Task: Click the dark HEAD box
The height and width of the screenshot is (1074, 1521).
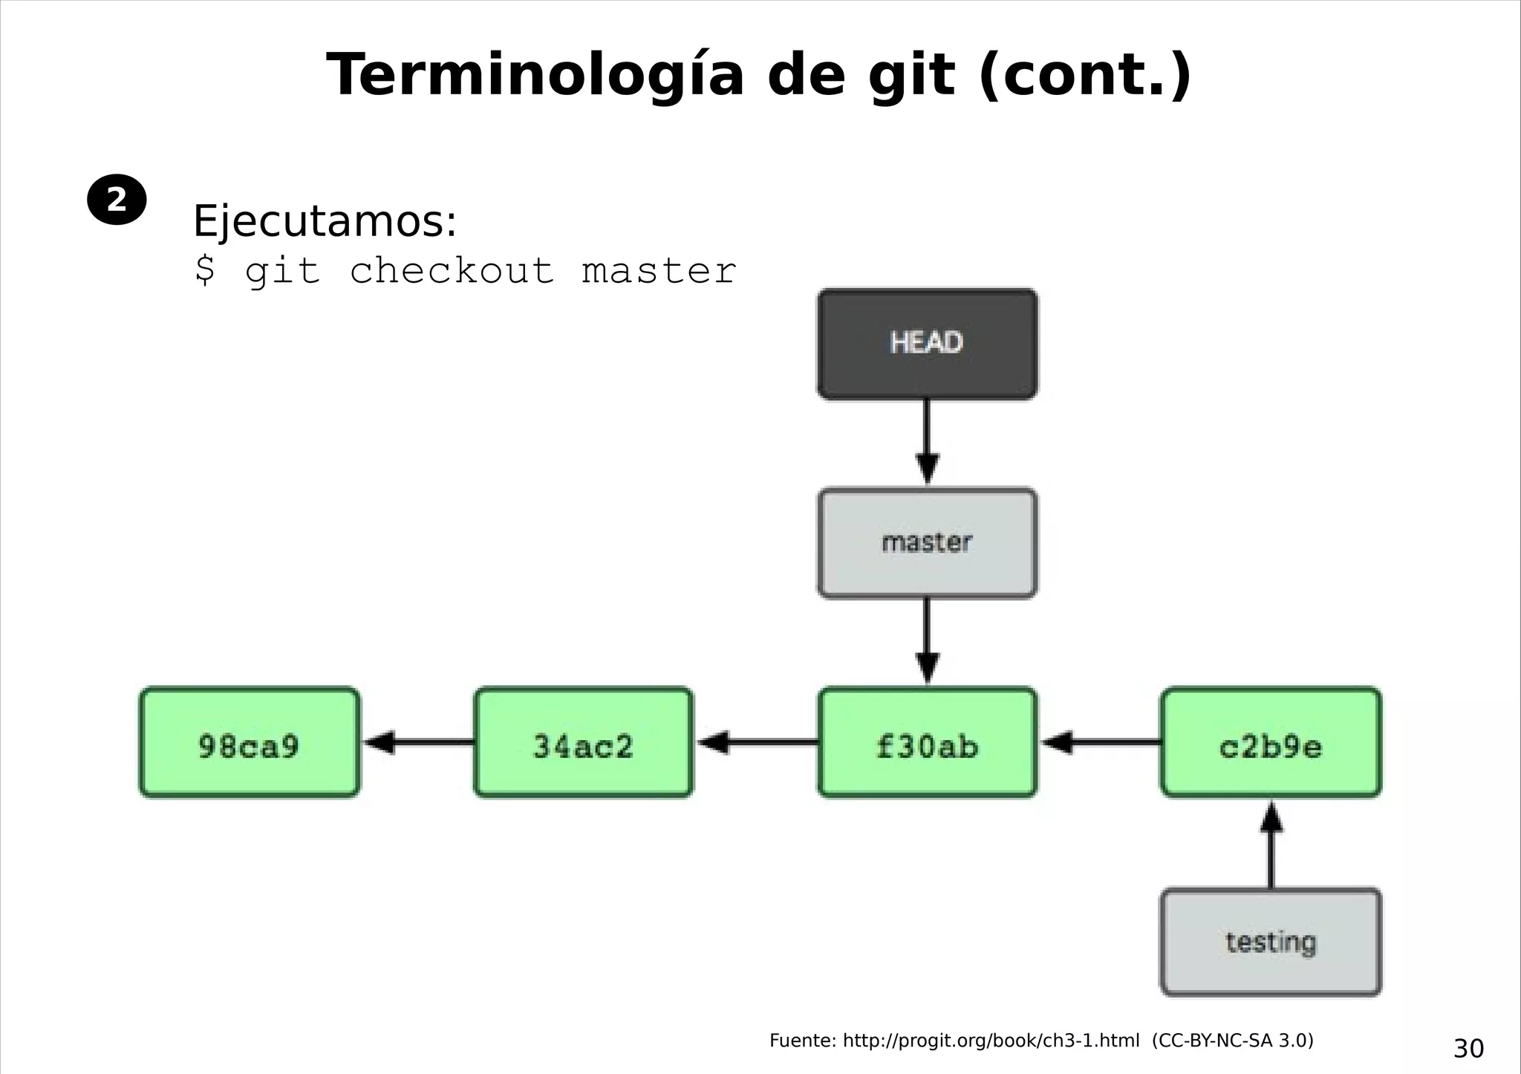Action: click(927, 344)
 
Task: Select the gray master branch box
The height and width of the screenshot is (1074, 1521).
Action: click(927, 543)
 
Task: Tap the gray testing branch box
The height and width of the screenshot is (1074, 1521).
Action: click(1271, 942)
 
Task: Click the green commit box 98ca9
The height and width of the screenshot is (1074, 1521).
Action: click(250, 743)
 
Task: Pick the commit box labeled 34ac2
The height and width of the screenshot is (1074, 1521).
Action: click(583, 743)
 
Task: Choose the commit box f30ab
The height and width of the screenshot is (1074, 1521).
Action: click(927, 743)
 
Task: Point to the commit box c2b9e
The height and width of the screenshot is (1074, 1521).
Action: click(1271, 743)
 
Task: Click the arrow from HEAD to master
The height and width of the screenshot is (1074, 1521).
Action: click(927, 442)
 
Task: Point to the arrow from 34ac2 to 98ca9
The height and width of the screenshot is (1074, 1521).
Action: click(417, 742)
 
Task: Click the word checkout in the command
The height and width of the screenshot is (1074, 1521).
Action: click(452, 271)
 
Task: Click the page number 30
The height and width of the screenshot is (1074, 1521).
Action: click(1468, 1049)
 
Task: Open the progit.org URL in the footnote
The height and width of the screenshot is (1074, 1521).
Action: click(991, 1041)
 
